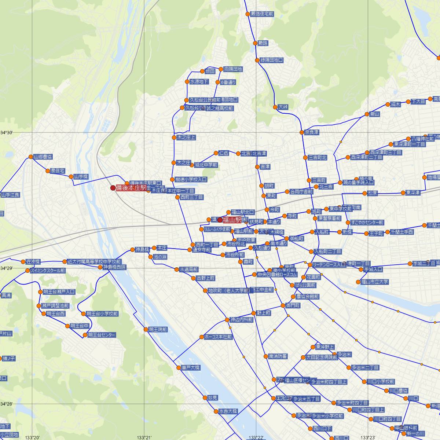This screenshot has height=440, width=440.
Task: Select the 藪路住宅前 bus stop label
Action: click(x=262, y=14)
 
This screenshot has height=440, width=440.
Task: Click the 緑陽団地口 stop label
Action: click(x=271, y=60)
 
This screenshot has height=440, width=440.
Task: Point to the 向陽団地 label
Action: click(x=233, y=69)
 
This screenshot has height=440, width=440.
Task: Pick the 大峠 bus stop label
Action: click(x=283, y=107)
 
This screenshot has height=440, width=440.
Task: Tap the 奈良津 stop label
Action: click(x=312, y=132)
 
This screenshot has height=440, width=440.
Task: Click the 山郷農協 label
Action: click(x=43, y=157)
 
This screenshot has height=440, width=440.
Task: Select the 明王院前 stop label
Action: click(x=158, y=330)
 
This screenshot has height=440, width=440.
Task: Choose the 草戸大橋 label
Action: click(x=191, y=367)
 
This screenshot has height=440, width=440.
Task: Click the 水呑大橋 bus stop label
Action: click(x=228, y=411)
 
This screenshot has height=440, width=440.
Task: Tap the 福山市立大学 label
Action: click(x=375, y=282)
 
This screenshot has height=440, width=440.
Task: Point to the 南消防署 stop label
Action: click(x=278, y=356)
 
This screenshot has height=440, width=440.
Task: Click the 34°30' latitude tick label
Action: click(x=6, y=132)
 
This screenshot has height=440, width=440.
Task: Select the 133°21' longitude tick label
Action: click(x=144, y=437)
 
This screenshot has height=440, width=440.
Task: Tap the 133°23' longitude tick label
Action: click(x=368, y=437)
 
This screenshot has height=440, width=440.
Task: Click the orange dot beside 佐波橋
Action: click(x=23, y=262)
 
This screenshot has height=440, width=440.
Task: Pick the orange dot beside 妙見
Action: click(x=205, y=397)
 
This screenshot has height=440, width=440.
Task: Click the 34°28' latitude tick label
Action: click(x=6, y=404)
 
